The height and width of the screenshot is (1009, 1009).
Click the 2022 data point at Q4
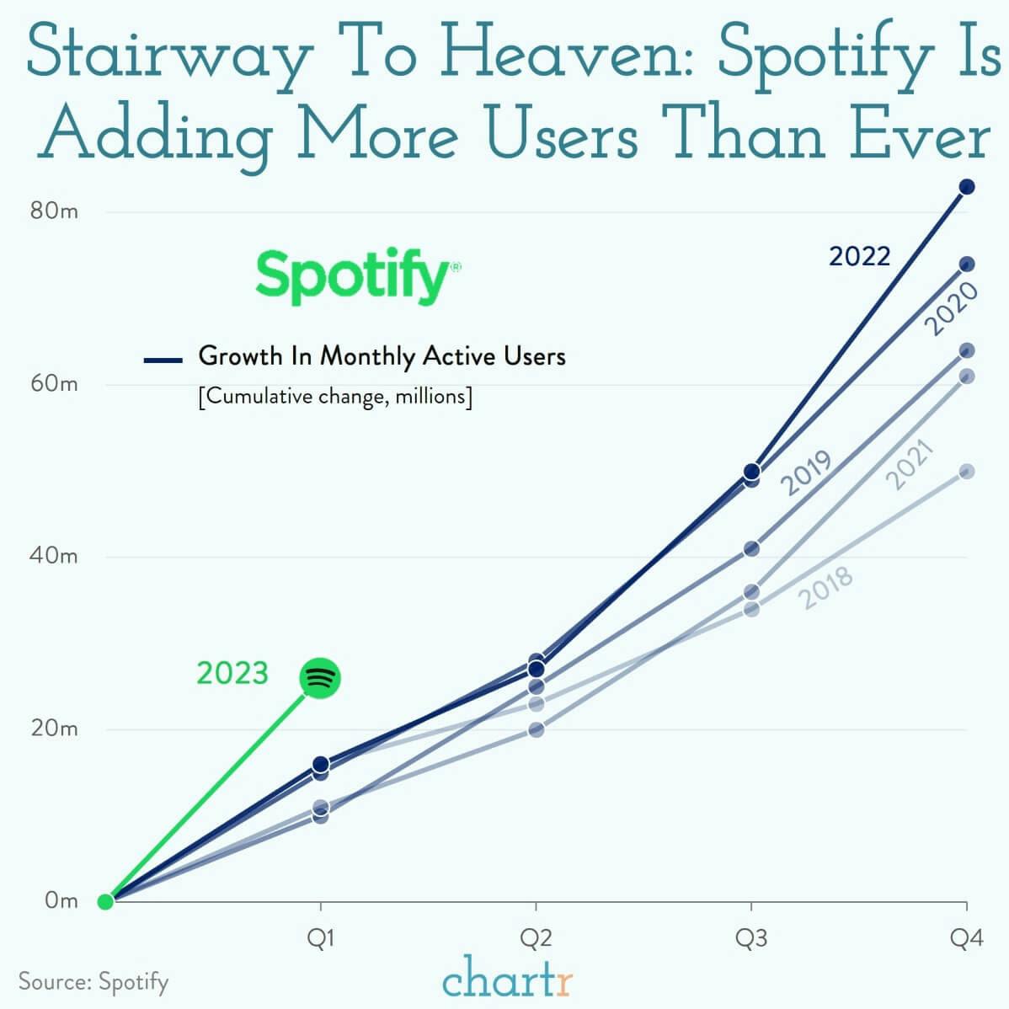pos(967,187)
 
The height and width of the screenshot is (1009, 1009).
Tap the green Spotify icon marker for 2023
pos(320,678)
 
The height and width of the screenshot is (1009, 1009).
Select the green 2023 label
pos(232,674)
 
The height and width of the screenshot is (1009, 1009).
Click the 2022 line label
pos(859,256)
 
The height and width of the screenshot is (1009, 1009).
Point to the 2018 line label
pos(826,587)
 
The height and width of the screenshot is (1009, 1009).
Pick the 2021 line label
pos(911,464)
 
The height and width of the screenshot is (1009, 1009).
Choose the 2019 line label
pos(806,473)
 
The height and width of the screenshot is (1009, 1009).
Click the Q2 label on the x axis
pos(536,938)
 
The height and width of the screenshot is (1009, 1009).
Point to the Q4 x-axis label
pos(966,938)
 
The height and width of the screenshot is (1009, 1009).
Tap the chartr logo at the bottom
pos(507,980)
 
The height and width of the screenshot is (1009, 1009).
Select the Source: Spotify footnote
pos(93,981)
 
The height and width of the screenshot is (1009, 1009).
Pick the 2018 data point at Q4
pos(967,472)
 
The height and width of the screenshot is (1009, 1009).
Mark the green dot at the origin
pos(105,902)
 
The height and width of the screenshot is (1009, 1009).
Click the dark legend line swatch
pos(163,360)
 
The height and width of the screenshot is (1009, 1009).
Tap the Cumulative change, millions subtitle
pos(335,396)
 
